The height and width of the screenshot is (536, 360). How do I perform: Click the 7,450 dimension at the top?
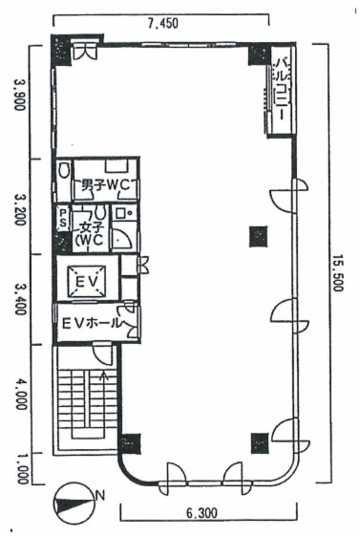(x=163, y=23)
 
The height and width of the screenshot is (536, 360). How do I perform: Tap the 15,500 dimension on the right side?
(x=338, y=273)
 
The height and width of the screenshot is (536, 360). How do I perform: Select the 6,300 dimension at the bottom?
(x=201, y=513)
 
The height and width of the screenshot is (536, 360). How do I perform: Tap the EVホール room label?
(x=91, y=323)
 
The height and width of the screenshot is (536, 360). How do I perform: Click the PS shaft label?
(x=63, y=217)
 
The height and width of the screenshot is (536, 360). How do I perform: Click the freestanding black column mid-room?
(x=259, y=236)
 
